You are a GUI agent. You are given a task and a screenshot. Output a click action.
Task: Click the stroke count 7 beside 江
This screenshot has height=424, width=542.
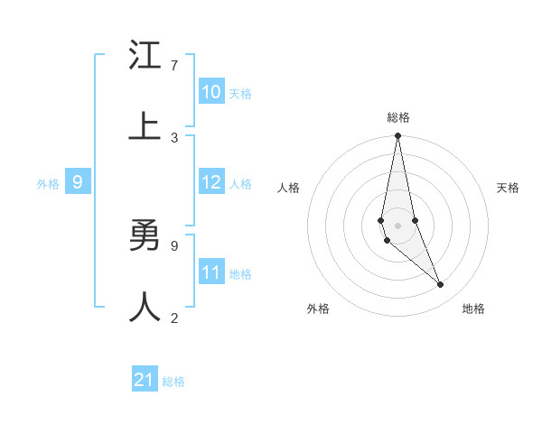(173, 66)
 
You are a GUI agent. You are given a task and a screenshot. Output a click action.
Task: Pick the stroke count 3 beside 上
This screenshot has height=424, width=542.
(173, 137)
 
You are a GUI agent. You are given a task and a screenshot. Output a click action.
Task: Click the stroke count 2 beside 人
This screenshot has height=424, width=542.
(173, 318)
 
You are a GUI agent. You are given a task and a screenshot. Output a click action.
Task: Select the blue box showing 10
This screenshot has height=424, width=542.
(211, 92)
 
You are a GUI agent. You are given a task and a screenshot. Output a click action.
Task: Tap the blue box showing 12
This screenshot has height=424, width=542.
(211, 182)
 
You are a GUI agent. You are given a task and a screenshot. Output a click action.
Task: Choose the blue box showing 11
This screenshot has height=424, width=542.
(211, 272)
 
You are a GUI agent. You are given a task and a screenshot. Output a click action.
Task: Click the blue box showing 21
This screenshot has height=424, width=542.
(145, 380)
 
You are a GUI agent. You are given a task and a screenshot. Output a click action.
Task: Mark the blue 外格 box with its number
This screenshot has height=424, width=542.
(78, 182)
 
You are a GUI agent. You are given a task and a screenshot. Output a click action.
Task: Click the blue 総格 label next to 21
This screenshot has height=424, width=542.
(173, 382)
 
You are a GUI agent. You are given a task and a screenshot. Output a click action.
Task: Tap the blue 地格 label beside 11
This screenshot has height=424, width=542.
(240, 273)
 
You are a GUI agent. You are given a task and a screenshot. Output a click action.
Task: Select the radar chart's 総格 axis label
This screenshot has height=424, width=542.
(397, 117)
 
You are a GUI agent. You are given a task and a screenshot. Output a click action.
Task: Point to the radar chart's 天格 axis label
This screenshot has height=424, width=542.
(509, 188)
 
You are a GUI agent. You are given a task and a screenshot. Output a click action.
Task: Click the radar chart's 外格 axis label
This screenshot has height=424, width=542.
(318, 309)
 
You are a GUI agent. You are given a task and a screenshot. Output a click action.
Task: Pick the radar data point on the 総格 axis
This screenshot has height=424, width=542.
(397, 136)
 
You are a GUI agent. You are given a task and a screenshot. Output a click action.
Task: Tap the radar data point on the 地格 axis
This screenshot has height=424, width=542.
(441, 284)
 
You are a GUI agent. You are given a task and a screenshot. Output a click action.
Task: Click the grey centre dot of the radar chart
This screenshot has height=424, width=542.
(397, 225)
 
